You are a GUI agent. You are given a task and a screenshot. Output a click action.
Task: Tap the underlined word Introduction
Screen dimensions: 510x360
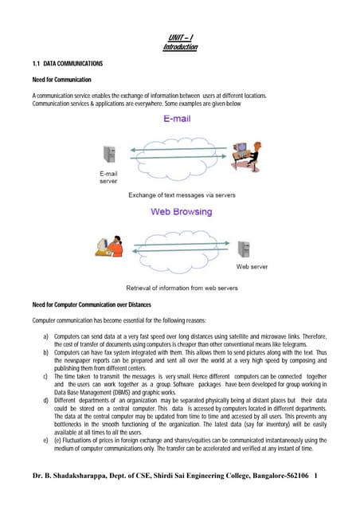coord(180,47)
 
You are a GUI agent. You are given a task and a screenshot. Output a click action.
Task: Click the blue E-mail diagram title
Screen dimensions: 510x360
coord(182,120)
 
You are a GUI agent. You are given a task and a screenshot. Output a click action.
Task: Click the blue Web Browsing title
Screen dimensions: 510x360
coord(180,212)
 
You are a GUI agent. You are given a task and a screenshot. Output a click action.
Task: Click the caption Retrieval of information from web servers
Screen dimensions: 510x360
coord(179,288)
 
